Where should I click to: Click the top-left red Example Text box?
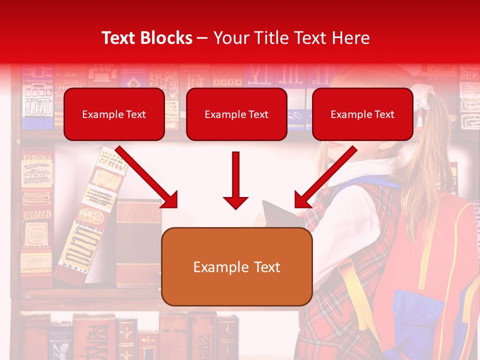(x=114, y=114)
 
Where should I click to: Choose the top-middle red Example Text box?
(x=236, y=114)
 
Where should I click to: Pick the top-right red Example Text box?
(x=362, y=114)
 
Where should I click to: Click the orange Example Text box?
(x=236, y=266)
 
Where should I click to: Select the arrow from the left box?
(x=147, y=177)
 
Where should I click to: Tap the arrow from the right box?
(x=325, y=177)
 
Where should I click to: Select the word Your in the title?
(x=230, y=38)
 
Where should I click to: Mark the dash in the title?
(x=202, y=38)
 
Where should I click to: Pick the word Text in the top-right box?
(x=384, y=114)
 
